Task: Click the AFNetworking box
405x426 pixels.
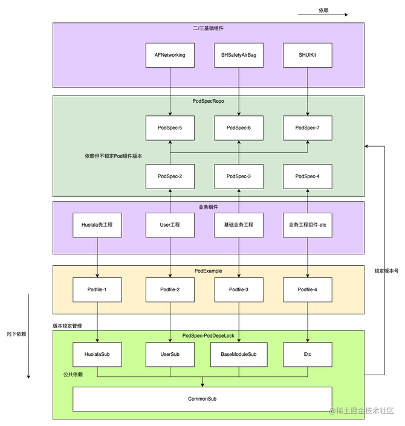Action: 170,55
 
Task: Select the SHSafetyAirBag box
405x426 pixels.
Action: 239,55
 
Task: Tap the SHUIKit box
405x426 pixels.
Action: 308,55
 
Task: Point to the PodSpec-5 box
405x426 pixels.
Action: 170,128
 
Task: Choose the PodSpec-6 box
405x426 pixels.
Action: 239,128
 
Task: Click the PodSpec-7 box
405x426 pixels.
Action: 308,128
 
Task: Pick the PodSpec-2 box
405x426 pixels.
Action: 170,176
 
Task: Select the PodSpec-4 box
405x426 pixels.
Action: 308,176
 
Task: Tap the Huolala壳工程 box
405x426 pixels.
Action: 97,225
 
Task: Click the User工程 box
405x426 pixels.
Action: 170,225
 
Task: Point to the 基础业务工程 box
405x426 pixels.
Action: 239,225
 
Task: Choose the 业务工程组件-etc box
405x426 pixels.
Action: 308,225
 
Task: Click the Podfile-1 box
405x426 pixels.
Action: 97,290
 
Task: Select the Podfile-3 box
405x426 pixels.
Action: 239,290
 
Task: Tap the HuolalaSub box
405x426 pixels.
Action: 97,354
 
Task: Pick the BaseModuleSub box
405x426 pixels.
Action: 239,354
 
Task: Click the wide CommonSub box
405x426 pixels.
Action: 202,399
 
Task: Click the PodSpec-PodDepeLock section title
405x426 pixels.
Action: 208,335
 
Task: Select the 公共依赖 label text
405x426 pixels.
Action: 73,375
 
